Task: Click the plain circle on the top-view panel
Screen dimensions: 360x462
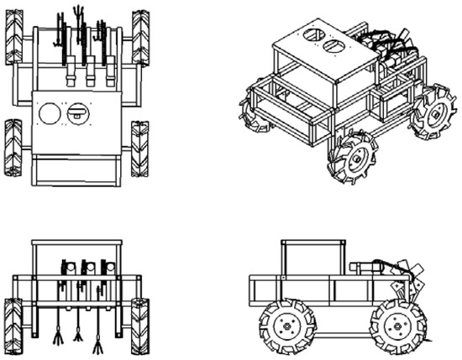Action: pos(51,112)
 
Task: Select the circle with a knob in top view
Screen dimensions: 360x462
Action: pos(76,112)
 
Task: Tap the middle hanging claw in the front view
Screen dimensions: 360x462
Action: pos(78,334)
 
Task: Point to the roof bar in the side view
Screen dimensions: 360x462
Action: pos(313,243)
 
